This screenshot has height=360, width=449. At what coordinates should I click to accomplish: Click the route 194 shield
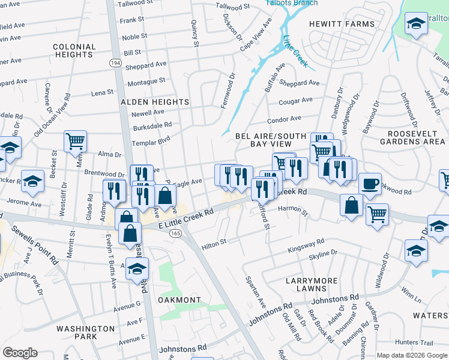click(x=115, y=62)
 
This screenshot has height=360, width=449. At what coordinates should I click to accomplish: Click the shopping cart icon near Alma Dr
click(x=76, y=141)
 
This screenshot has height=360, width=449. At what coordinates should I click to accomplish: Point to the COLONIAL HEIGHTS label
click(x=74, y=50)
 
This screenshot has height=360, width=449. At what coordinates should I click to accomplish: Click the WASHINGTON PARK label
click(x=85, y=332)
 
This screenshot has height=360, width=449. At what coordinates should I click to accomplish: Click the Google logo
click(x=20, y=352)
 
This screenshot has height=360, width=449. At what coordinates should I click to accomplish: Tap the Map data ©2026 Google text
click(x=412, y=355)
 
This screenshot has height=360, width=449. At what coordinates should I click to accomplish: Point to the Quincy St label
click(x=194, y=33)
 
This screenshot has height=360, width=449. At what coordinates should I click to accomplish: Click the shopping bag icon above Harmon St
click(x=352, y=205)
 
